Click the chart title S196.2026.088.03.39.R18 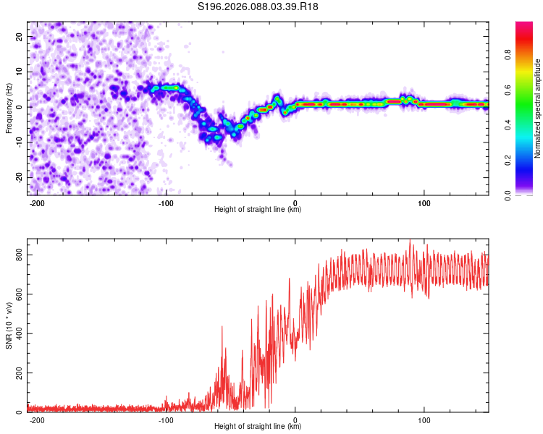[x=258, y=7]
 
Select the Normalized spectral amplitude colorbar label [x=538, y=109]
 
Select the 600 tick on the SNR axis [x=17, y=294]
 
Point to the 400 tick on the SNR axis [x=17, y=333]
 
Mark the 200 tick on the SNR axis [x=17, y=373]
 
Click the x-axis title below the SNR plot [x=258, y=427]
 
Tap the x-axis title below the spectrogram [x=258, y=210]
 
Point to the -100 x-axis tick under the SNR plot [x=166, y=420]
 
